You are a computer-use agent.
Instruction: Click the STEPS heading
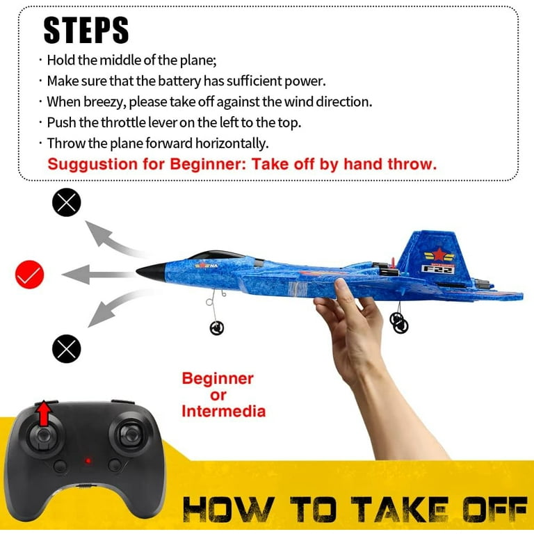coord(86,31)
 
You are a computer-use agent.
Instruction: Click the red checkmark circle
coord(30,275)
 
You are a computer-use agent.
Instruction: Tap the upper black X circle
coord(67,202)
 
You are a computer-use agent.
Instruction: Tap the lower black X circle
coord(67,349)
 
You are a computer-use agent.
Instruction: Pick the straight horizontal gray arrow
coord(99,275)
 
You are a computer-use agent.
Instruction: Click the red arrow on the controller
coord(44,414)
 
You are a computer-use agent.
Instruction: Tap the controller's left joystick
coord(44,437)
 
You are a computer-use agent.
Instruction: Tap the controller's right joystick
coord(130,434)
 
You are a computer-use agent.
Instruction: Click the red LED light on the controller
coord(88,461)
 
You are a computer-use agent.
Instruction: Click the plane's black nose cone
coord(152,272)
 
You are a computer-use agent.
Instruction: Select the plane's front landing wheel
coord(217,328)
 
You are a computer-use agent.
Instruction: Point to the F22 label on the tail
coord(438,269)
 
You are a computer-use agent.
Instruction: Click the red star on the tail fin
coord(439,254)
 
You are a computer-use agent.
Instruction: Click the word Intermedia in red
coord(223,412)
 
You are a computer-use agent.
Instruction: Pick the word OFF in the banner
coord(495,509)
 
